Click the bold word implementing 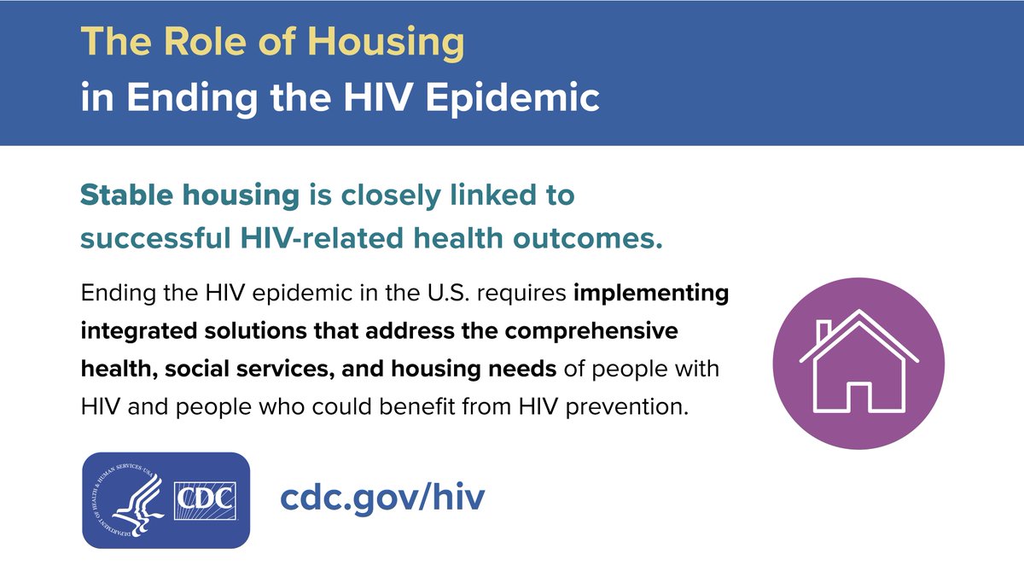pos(651,294)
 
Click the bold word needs pos(529,370)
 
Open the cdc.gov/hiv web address pos(382,498)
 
